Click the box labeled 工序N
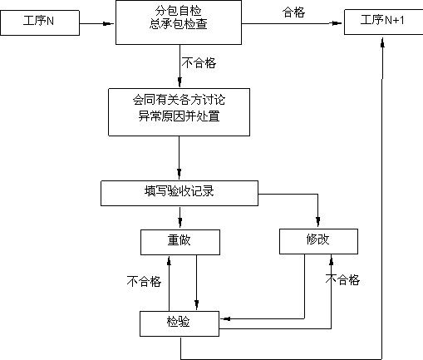point(40,22)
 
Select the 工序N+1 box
point(384,22)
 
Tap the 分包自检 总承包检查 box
point(179,22)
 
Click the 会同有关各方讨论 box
point(179,112)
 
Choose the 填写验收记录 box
point(180,194)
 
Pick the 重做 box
point(180,242)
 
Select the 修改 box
point(318,241)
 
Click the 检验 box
point(180,323)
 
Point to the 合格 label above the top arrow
point(293,12)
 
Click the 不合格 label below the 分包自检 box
point(199,63)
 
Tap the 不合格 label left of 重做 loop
point(144,281)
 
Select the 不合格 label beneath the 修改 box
point(342,279)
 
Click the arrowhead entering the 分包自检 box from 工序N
point(108,23)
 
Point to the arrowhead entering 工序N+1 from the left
point(337,23)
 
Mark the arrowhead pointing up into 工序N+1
point(382,42)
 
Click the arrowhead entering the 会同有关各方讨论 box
point(180,82)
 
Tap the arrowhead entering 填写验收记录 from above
point(180,174)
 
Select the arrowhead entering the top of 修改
point(318,222)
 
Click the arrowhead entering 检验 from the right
point(226,319)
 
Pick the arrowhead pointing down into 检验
point(197,304)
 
